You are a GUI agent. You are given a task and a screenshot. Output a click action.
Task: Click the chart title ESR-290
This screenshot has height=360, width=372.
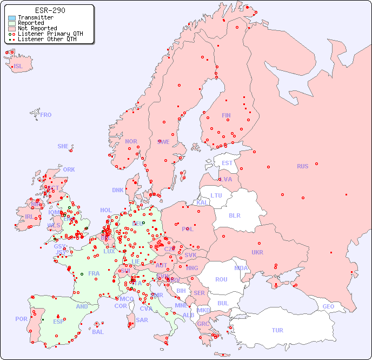pyautogui.click(x=50, y=10)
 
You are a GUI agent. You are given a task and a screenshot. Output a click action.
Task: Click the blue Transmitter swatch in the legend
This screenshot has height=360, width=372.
pyautogui.click(x=12, y=17)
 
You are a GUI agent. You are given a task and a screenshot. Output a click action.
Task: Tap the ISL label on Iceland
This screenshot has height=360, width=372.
pyautogui.click(x=18, y=67)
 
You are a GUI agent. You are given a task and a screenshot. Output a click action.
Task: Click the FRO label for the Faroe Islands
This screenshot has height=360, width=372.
pyautogui.click(x=46, y=115)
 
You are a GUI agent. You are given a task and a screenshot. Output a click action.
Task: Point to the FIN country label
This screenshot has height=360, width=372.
pyautogui.click(x=226, y=115)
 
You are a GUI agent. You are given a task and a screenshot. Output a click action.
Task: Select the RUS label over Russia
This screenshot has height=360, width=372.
pyautogui.click(x=302, y=166)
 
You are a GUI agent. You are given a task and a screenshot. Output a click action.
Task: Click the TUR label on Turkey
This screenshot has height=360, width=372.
pyautogui.click(x=277, y=330)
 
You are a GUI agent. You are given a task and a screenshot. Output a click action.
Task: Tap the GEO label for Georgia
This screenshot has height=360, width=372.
pyautogui.click(x=328, y=306)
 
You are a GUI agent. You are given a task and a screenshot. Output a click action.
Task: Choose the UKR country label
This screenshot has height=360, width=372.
pyautogui.click(x=257, y=252)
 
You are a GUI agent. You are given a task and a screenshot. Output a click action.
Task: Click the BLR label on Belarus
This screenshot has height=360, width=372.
pyautogui.click(x=234, y=215)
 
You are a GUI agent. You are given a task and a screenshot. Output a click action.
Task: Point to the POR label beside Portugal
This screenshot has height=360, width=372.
pyautogui.click(x=21, y=319)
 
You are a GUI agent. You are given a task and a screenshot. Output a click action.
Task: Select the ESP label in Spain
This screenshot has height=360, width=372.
pyautogui.click(x=58, y=321)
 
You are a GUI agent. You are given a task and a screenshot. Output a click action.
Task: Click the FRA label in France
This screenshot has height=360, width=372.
pyautogui.click(x=94, y=273)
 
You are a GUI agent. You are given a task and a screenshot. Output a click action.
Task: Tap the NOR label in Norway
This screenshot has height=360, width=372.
pyautogui.click(x=131, y=141)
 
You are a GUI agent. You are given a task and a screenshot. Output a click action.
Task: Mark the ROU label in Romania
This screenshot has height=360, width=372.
pyautogui.click(x=221, y=279)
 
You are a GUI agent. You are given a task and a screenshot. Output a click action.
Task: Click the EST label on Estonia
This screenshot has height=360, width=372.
pyautogui.click(x=227, y=163)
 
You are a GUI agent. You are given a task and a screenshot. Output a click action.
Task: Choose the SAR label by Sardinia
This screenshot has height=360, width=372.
pyautogui.click(x=142, y=320)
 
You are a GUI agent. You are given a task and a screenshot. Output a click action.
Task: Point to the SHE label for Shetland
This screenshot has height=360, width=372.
pyautogui.click(x=63, y=146)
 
